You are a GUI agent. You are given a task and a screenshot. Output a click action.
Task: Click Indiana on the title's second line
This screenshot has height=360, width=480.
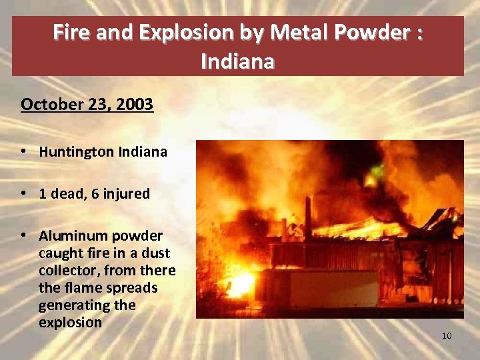click(237, 62)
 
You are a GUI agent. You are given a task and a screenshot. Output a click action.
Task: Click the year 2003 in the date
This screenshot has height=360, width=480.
click(136, 105)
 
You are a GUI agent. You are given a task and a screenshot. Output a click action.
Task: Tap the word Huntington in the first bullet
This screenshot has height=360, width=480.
click(76, 152)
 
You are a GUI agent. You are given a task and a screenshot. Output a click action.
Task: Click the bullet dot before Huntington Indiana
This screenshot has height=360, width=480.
click(24, 151)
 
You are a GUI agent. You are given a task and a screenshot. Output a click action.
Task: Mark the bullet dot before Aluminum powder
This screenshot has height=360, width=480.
click(24, 236)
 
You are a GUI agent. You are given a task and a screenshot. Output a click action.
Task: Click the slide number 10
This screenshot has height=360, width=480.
click(446, 335)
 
